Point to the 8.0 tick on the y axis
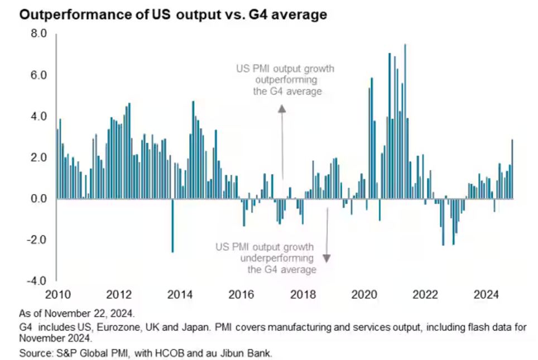[x=39, y=34]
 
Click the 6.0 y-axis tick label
[x=39, y=75]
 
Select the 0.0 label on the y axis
[x=39, y=199]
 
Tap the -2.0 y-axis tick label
[x=37, y=240]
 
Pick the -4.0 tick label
[x=37, y=281]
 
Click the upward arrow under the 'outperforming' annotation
[x=282, y=140]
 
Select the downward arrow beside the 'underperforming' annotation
[x=326, y=234]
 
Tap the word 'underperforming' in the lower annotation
[x=277, y=258]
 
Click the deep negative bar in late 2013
[x=172, y=225]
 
